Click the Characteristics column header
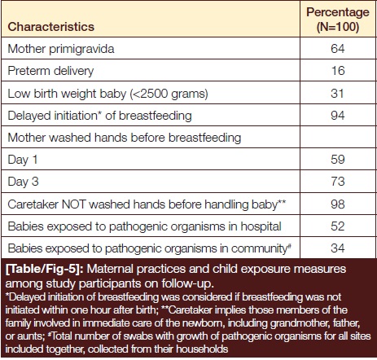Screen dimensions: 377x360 point(51,27)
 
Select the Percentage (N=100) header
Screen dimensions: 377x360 point(338,20)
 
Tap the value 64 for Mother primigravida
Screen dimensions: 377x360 point(338,49)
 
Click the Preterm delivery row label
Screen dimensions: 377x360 point(50,71)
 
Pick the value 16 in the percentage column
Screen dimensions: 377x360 point(338,71)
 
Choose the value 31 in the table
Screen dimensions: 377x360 point(337,94)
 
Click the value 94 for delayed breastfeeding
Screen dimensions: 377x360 point(338,116)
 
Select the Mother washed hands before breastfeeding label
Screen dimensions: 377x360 point(125,138)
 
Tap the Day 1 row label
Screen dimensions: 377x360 point(23,160)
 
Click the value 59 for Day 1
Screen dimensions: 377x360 point(338,160)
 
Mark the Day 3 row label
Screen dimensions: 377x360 point(23,182)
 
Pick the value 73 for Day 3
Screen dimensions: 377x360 point(338,182)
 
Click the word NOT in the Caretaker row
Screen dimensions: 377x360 point(74,204)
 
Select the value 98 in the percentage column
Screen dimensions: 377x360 point(338,204)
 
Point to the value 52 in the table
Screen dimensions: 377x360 point(338,226)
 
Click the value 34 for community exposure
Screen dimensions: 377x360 point(338,248)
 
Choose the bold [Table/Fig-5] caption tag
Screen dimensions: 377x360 point(46,270)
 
